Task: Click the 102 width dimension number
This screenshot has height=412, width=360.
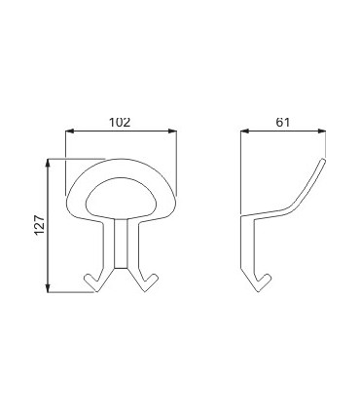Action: pyautogui.click(x=120, y=123)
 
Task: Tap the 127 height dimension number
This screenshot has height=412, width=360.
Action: pyautogui.click(x=39, y=225)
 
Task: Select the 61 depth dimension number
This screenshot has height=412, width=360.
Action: pyautogui.click(x=283, y=123)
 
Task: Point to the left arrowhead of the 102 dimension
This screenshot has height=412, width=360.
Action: pyautogui.click(x=70, y=131)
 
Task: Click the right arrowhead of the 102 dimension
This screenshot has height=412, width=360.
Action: pyautogui.click(x=172, y=131)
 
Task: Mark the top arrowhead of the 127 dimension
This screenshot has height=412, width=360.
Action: pyautogui.click(x=48, y=164)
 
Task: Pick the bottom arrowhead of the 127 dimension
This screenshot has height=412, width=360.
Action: pyautogui.click(x=48, y=287)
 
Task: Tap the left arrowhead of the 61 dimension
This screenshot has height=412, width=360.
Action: pyautogui.click(x=245, y=131)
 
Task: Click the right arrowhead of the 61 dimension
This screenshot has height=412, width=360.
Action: pyautogui.click(x=321, y=131)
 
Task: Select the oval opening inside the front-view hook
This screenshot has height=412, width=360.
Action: pyautogui.click(x=121, y=199)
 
